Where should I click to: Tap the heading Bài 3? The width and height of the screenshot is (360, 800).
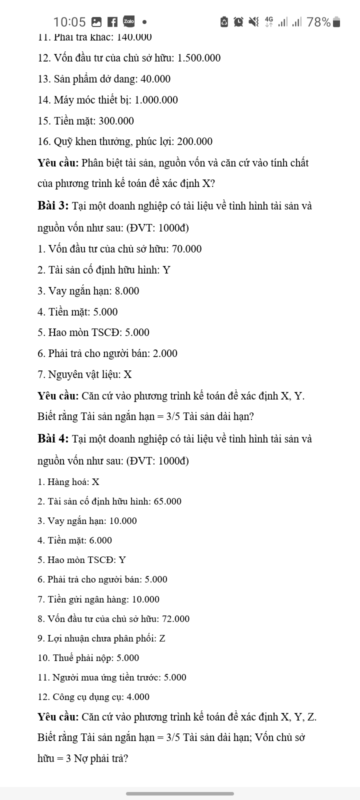(53, 205)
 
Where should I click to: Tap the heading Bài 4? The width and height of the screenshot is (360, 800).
(53, 438)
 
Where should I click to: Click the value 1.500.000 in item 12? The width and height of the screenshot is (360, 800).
(199, 58)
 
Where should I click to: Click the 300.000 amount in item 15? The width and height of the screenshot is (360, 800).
(116, 121)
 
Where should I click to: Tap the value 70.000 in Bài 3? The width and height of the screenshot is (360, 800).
(187, 249)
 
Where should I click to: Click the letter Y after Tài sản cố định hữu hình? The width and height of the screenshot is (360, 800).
(167, 270)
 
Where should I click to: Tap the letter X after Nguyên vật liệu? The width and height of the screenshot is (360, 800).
(128, 374)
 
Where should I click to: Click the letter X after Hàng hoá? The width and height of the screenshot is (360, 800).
(95, 482)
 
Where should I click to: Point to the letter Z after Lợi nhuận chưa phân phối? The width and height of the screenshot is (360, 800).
(162, 638)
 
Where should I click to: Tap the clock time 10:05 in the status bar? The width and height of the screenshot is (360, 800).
(69, 22)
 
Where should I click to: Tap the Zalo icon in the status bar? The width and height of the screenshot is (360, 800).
(128, 21)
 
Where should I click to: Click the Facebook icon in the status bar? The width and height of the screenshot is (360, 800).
(112, 22)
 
